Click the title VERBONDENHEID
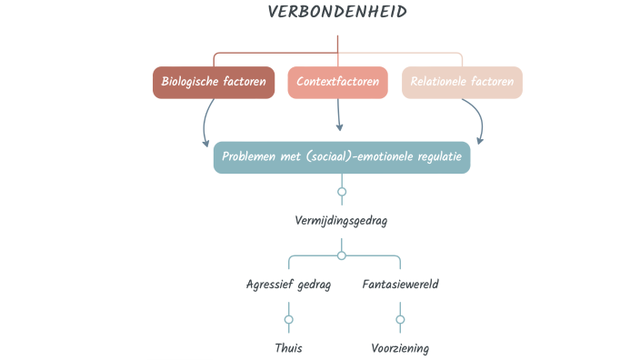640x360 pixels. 337,12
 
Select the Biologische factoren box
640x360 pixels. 214,82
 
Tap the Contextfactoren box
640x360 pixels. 338,82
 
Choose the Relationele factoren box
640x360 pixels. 462,82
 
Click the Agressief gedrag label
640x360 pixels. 288,284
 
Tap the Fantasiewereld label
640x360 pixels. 400,284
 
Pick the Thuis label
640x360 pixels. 288,347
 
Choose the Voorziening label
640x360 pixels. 400,347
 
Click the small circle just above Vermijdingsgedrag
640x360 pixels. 342,192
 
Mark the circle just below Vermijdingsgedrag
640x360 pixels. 342,255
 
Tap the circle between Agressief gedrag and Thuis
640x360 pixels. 289,319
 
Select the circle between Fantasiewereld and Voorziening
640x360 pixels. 400,319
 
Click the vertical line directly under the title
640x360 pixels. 338,44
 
